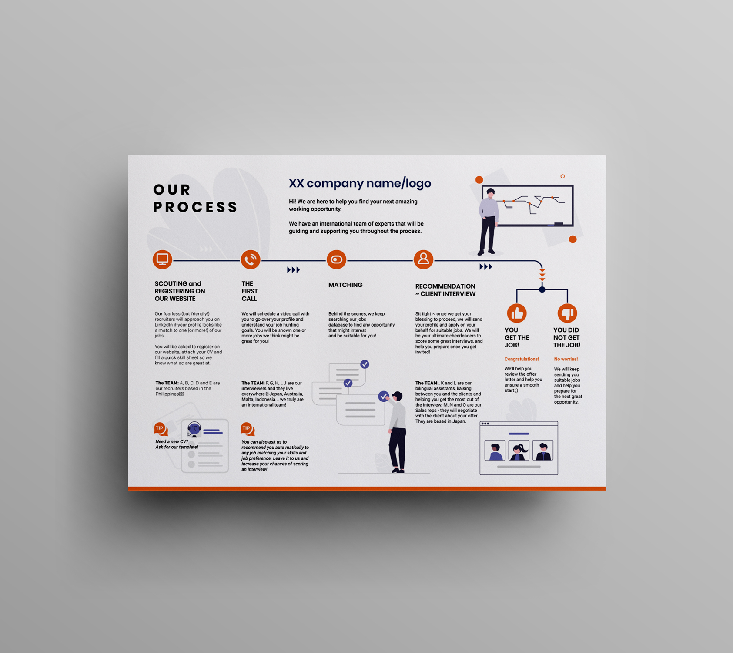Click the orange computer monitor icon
point(162,259)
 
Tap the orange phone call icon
point(251,260)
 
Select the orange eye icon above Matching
point(336,260)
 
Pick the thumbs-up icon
point(517,313)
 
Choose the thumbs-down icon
point(567,313)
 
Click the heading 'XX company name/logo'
point(360,183)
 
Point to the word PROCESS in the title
point(195,207)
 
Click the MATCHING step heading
point(345,285)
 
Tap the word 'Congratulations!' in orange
point(522,359)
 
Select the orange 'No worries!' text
point(566,359)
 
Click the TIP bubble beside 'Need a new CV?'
point(160,429)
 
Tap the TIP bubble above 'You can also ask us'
point(247,429)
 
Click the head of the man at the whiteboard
point(491,192)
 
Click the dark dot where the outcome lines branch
point(542,289)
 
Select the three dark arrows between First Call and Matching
point(293,270)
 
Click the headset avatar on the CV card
point(194,429)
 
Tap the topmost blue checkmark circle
point(365,364)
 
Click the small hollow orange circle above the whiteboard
point(562,176)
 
